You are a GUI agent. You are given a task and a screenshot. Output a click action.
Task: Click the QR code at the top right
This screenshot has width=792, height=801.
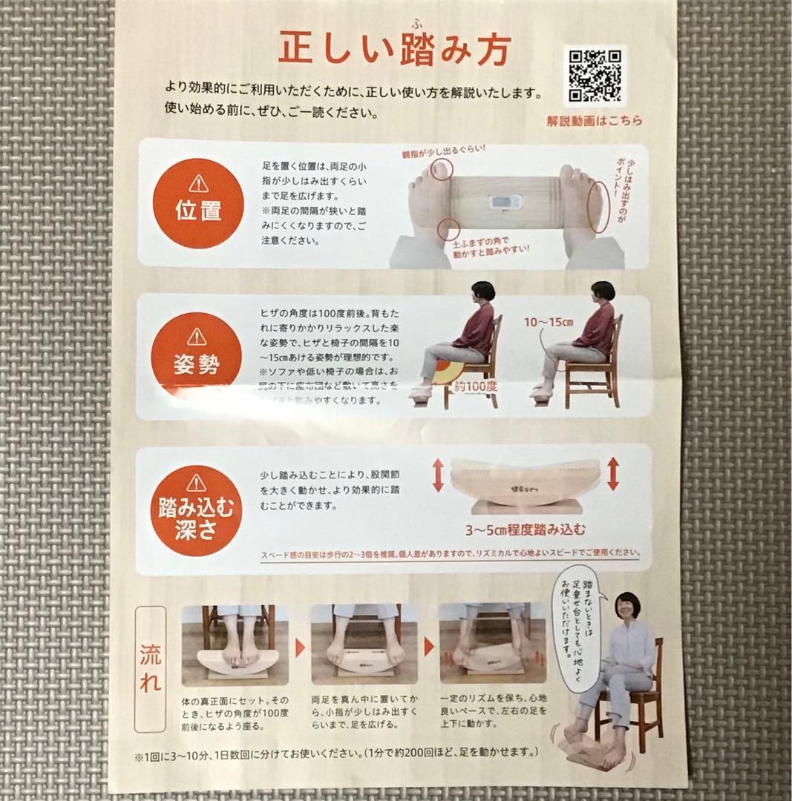tap(595, 75)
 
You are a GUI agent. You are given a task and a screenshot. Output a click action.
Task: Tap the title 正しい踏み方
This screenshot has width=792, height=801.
tap(394, 50)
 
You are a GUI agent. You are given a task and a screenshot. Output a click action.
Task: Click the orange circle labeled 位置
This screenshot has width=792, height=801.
tap(197, 202)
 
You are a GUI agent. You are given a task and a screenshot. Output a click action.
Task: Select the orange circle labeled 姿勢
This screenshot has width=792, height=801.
tap(197, 355)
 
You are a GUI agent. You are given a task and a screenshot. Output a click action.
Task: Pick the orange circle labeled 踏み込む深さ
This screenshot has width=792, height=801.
tap(197, 509)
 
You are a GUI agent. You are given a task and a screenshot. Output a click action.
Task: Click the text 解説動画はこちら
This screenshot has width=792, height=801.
tap(595, 120)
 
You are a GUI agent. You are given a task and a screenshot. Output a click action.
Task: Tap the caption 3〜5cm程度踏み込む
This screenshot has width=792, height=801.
tap(526, 529)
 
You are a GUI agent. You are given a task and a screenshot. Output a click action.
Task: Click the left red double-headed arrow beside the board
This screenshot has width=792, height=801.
tap(438, 475)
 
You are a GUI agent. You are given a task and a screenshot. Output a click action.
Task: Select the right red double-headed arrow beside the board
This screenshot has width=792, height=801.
tap(613, 473)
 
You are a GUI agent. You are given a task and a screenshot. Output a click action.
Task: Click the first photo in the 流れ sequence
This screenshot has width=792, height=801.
tap(235, 644)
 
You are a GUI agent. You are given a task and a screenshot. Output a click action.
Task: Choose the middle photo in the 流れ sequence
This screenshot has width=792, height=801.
tap(364, 644)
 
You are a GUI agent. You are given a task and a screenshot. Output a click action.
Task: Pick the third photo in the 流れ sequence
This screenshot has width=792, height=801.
tap(492, 644)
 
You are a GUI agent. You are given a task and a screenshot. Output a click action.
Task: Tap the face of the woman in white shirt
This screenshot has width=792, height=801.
tap(626, 610)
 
